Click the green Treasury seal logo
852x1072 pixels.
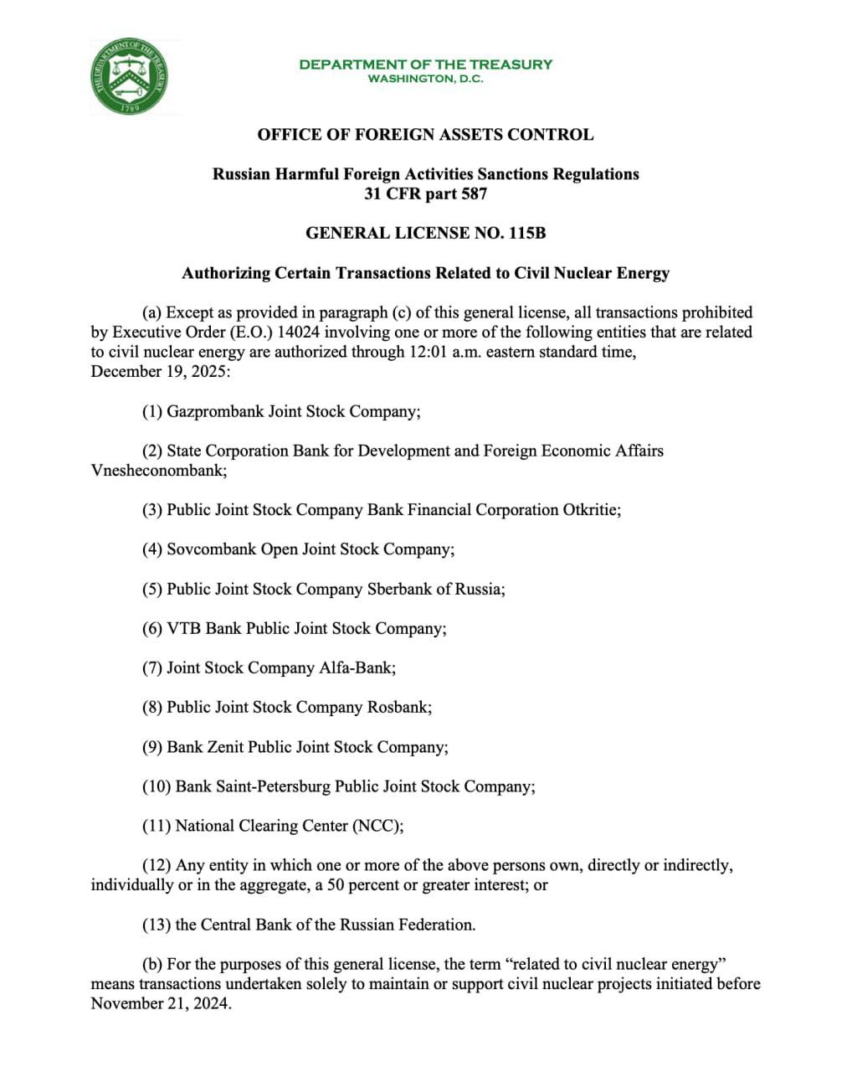point(130,77)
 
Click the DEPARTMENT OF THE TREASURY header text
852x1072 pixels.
point(425,64)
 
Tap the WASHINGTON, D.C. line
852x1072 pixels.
point(425,79)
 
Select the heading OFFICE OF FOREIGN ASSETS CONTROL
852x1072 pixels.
point(425,135)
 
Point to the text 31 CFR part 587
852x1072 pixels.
point(425,194)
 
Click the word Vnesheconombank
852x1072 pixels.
point(157,471)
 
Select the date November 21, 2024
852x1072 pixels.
point(159,1003)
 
